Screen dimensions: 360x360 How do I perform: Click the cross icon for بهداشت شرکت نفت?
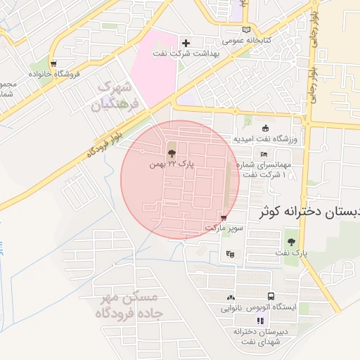[x=186, y=44]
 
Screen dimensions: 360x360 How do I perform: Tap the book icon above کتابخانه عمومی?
[x=245, y=29]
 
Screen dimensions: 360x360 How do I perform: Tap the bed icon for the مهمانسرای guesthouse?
[x=264, y=155]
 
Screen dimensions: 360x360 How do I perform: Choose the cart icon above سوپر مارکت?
[x=224, y=218]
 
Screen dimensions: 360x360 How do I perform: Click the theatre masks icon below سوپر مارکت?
[x=229, y=253]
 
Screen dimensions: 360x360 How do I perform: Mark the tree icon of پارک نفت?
[x=291, y=242]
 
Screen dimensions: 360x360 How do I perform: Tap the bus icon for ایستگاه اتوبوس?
[x=271, y=297]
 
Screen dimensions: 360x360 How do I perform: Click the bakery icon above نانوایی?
[x=231, y=297]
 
